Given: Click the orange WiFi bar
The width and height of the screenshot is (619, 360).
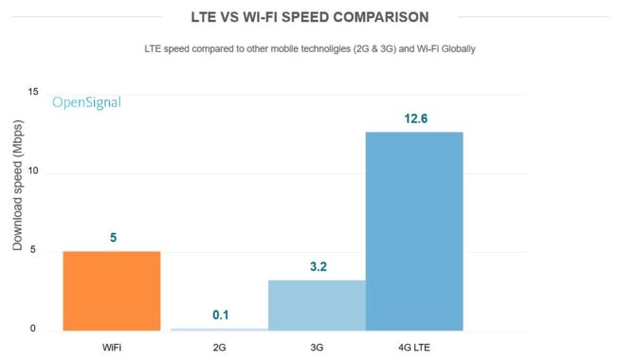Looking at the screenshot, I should pyautogui.click(x=111, y=291).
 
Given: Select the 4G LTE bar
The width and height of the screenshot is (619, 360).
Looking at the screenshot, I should pyautogui.click(x=414, y=231).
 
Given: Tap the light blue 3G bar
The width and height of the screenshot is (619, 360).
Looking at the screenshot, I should pyautogui.click(x=317, y=305).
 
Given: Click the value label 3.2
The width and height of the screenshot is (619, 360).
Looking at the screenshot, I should pyautogui.click(x=317, y=266).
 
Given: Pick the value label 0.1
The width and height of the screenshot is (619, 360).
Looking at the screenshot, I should pyautogui.click(x=220, y=315).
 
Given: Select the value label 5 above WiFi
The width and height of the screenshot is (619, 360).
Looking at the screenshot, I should pyautogui.click(x=114, y=238).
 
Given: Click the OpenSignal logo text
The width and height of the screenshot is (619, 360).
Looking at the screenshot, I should pyautogui.click(x=86, y=102).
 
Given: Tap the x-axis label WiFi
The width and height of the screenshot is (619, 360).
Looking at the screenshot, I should pyautogui.click(x=111, y=346).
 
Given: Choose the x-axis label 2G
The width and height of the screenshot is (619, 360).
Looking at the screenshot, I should pyautogui.click(x=220, y=346).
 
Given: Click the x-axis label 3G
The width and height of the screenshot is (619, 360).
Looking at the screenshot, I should pyautogui.click(x=317, y=346).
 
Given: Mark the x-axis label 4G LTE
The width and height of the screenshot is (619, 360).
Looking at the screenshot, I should pyautogui.click(x=414, y=346).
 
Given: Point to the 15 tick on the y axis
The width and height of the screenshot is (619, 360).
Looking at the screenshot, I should pyautogui.click(x=33, y=92).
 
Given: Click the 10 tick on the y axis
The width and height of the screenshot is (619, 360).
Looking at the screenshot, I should pyautogui.click(x=33, y=172).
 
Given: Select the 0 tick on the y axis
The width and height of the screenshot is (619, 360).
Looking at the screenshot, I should pyautogui.click(x=33, y=330).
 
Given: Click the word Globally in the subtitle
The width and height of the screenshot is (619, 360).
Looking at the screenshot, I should pyautogui.click(x=454, y=48).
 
